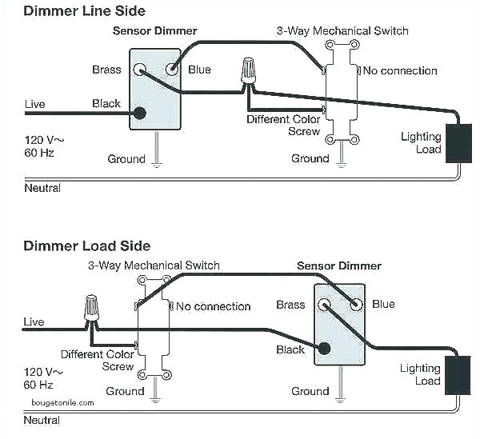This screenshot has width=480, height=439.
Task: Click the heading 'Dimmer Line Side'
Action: (85, 10)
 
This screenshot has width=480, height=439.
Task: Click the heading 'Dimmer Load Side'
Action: (86, 245)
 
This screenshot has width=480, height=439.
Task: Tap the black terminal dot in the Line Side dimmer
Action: (140, 113)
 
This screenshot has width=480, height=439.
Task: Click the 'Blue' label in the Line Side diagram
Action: (199, 70)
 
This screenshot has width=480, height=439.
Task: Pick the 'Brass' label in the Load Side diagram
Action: (290, 305)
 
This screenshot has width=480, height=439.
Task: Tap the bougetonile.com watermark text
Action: (63, 403)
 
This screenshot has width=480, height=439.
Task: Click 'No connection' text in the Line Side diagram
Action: (400, 71)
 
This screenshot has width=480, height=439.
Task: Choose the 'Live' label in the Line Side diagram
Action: (34, 104)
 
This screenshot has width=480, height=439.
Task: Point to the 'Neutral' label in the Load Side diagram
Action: (42, 420)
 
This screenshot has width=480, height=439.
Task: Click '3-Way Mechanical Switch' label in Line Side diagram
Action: (342, 31)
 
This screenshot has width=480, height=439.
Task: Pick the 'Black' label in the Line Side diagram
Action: (106, 104)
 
